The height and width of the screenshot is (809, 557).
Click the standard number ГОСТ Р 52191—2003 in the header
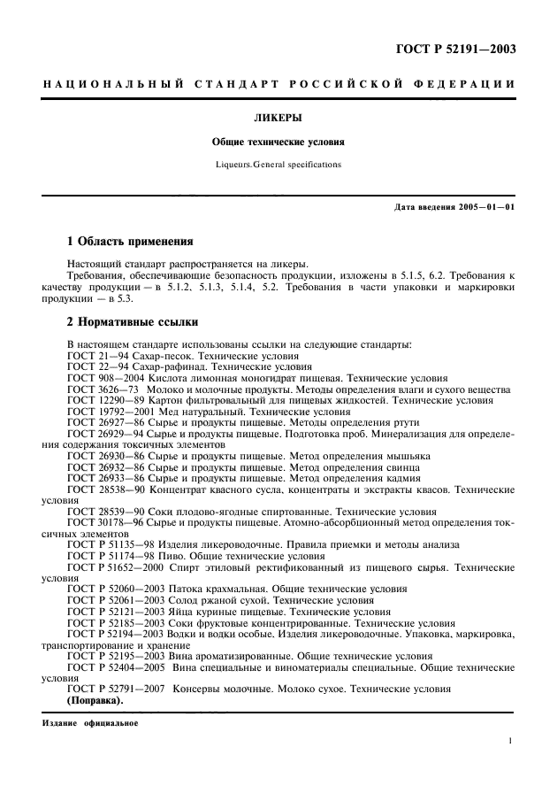(455, 49)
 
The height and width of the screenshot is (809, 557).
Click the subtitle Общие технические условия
(278, 142)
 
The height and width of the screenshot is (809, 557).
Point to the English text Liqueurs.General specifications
(278, 165)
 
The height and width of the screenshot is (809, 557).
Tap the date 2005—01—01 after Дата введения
(488, 208)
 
